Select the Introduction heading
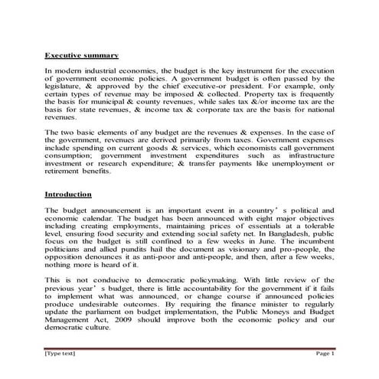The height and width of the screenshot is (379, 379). pyautogui.click(x=68, y=194)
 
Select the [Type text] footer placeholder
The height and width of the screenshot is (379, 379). pyautogui.click(x=60, y=354)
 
